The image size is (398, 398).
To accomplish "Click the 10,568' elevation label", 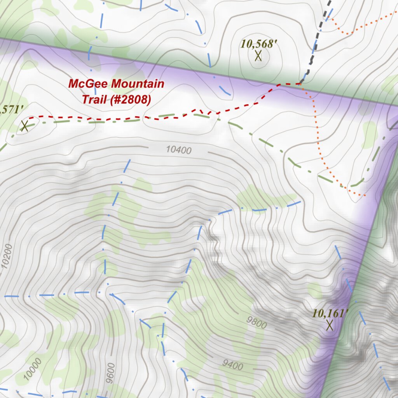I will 258,44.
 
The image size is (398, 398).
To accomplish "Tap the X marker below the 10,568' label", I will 258,56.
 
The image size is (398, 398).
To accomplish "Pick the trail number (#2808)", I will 131,100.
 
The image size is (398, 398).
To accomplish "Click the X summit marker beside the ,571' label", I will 24,126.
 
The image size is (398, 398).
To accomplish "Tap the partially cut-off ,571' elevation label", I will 9,110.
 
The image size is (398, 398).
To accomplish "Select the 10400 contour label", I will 178,150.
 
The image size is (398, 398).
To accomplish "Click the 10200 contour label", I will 7,257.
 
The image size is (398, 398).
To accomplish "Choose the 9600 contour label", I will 112,373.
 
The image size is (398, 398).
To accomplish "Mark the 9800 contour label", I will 257,322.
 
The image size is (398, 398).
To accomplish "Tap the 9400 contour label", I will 233,365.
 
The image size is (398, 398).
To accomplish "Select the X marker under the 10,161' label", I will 330,325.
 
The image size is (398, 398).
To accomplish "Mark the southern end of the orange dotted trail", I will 363,195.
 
